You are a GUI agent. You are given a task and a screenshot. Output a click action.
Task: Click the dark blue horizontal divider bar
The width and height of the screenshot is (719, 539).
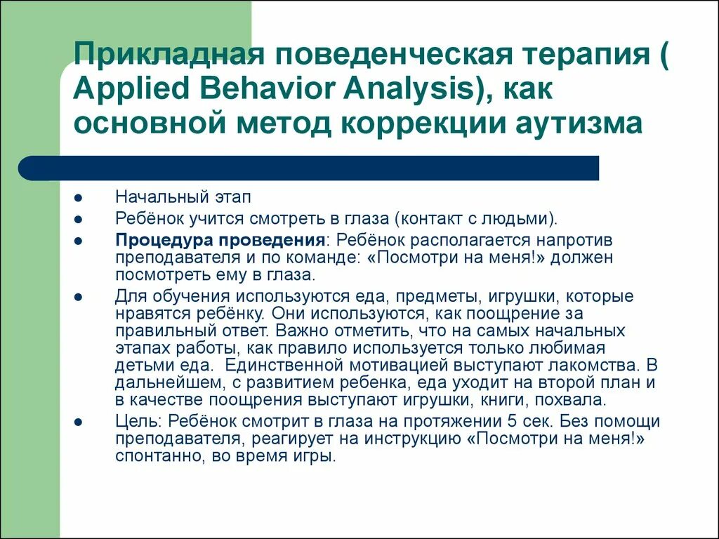pos(309,168)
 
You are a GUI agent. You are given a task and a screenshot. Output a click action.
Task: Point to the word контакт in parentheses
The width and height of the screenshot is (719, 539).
pos(433,218)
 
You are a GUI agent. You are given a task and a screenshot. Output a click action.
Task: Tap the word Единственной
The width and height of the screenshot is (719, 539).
pos(279,365)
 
